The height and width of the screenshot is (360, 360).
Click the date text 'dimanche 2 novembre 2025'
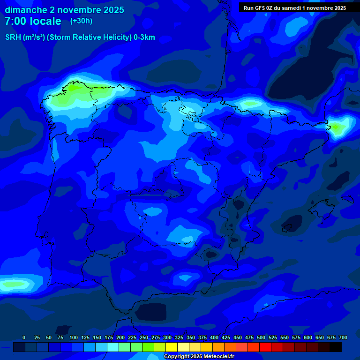(64, 10)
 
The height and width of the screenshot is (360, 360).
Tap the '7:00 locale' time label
(33, 21)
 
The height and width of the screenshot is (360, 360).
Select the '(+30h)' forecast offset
(81, 21)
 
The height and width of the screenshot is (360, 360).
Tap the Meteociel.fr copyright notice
(199, 357)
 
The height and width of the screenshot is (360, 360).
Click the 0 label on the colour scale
(24, 337)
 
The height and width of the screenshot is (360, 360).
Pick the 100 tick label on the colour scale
(74, 337)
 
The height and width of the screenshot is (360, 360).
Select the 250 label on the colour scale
(144, 337)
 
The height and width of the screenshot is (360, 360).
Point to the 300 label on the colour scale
(167, 337)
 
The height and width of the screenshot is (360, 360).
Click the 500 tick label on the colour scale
(261, 337)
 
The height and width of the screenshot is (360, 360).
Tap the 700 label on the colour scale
(343, 337)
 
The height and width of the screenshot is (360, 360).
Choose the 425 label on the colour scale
(226, 337)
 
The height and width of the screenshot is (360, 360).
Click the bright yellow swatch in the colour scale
(172, 347)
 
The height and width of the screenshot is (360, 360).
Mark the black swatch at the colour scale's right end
(336, 347)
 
